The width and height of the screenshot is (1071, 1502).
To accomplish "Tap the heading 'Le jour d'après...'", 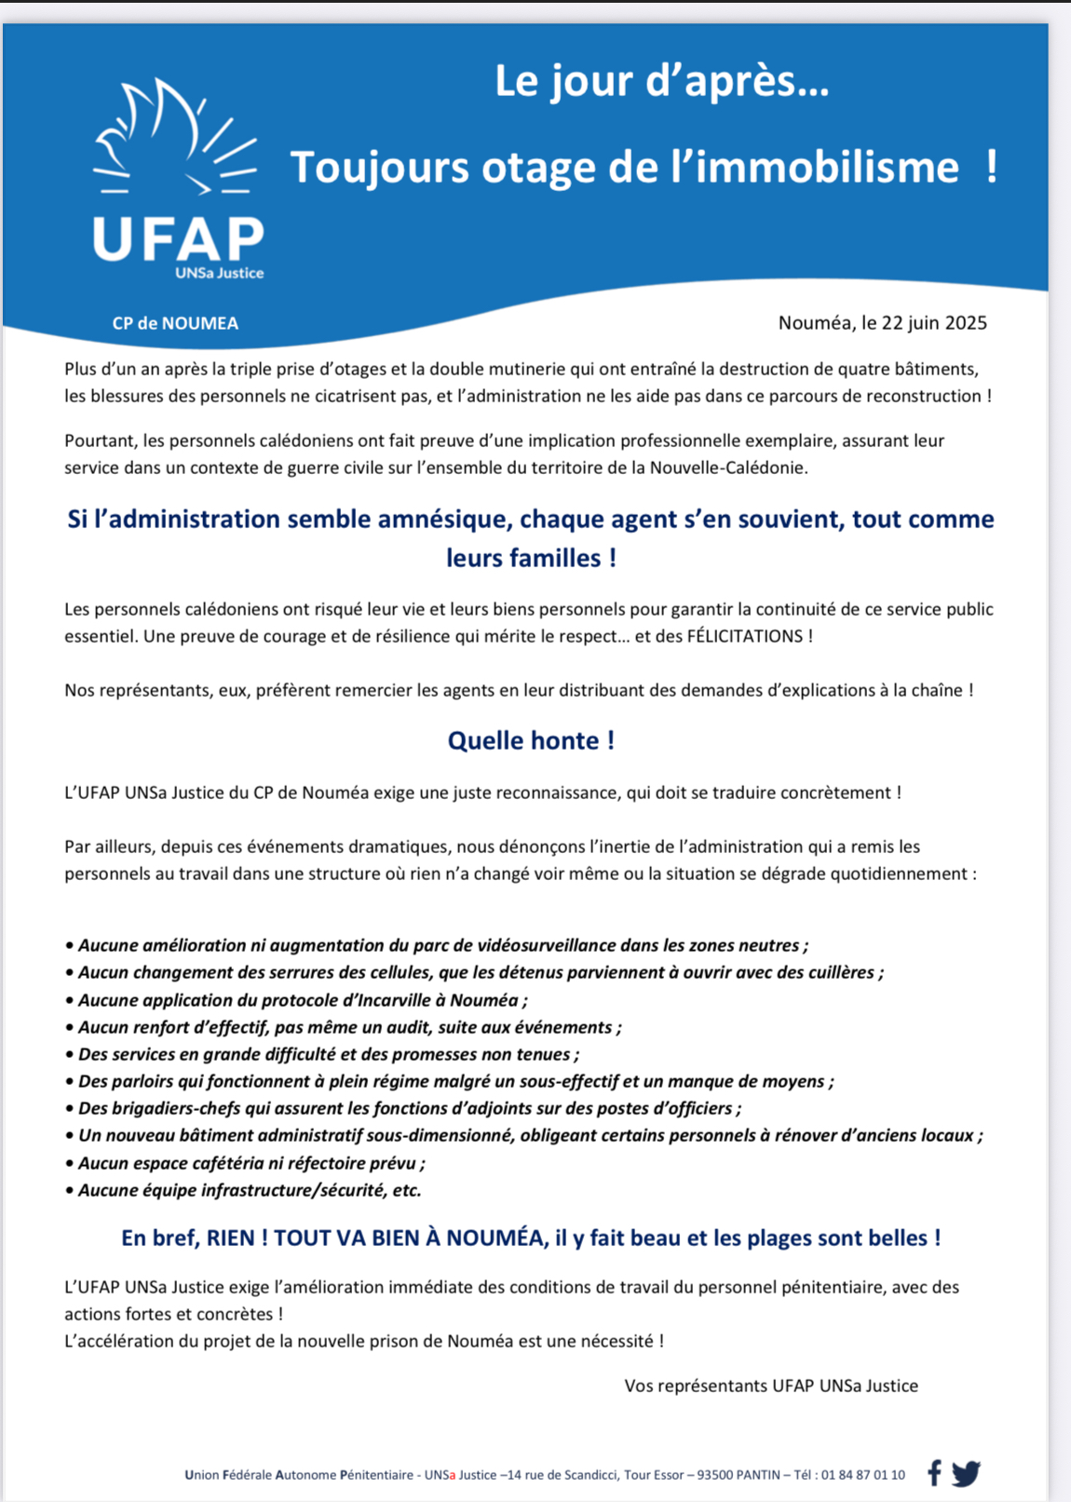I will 661,81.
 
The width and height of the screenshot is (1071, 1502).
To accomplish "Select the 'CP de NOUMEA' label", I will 175,323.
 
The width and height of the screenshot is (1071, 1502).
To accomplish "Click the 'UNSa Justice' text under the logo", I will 220,273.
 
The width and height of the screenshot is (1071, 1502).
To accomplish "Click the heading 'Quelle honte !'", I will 531,740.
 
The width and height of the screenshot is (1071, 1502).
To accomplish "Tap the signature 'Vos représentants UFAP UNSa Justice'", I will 771,1386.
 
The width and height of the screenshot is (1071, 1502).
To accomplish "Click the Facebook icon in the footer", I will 934,1473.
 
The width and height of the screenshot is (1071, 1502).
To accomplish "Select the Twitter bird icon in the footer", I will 966,1473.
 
